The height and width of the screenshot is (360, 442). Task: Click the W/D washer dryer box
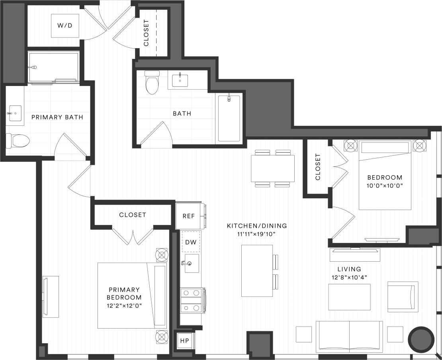pyautogui.click(x=65, y=25)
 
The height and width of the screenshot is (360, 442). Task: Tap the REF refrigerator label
pyautogui.click(x=189, y=216)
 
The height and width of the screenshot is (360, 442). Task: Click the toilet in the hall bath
pyautogui.click(x=152, y=83)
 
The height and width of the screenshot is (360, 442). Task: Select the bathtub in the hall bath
pyautogui.click(x=229, y=118)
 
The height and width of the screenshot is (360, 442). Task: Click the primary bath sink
pyautogui.click(x=15, y=113)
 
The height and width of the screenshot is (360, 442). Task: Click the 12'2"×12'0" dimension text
pyautogui.click(x=124, y=305)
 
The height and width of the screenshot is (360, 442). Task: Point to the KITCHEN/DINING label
pyautogui.click(x=257, y=226)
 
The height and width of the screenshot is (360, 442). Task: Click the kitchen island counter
pyautogui.click(x=257, y=270)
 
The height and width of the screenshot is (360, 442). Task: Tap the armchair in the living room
pyautogui.click(x=402, y=296)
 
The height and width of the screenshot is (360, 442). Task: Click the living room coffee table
pyautogui.click(x=349, y=297)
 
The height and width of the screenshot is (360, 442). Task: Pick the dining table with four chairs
pyautogui.click(x=273, y=168)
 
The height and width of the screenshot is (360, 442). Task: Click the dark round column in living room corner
pyautogui.click(x=421, y=339)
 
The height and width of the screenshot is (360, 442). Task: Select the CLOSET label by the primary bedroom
pyautogui.click(x=133, y=215)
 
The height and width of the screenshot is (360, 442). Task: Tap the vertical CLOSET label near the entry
pyautogui.click(x=146, y=33)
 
